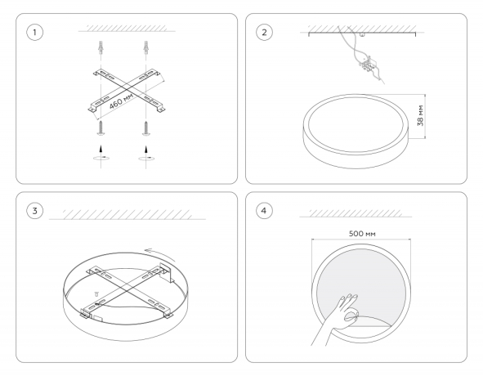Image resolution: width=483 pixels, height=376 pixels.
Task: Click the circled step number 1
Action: pyautogui.click(x=34, y=33)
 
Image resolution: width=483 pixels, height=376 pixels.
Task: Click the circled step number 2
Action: pyautogui.click(x=264, y=33)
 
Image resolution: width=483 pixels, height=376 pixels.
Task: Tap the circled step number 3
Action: pyautogui.click(x=34, y=211)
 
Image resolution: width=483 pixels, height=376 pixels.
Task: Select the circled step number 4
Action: pyautogui.click(x=264, y=211)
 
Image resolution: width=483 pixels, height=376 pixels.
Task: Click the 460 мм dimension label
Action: pyautogui.click(x=122, y=101)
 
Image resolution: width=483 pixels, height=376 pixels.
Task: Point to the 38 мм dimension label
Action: pyautogui.click(x=420, y=115)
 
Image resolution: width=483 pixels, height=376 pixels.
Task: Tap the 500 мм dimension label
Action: pyautogui.click(x=362, y=234)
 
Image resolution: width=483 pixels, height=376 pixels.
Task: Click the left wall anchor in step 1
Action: pyautogui.click(x=101, y=47)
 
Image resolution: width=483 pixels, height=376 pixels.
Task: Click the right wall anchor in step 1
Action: pyautogui.click(x=145, y=47)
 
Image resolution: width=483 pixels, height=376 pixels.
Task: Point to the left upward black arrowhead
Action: pyautogui.click(x=101, y=149)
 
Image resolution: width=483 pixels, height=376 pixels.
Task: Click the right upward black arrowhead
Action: pyautogui.click(x=146, y=149)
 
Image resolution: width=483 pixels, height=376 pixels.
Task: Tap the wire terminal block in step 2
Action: pyautogui.click(x=368, y=65)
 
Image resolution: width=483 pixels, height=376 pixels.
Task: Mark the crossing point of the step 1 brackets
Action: pyautogui.click(x=126, y=90)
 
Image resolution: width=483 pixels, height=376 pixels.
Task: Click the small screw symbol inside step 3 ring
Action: pyautogui.click(x=96, y=293)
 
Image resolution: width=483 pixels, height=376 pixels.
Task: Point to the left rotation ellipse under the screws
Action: pyautogui.click(x=101, y=158)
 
